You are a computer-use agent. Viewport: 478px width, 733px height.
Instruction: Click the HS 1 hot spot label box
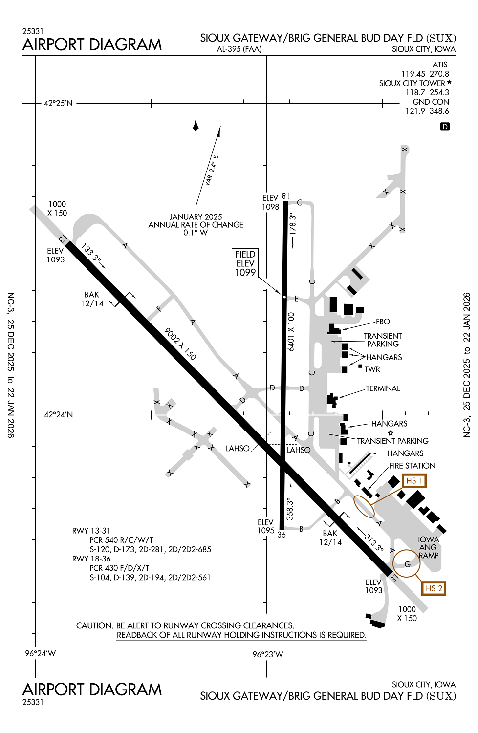click(x=414, y=481)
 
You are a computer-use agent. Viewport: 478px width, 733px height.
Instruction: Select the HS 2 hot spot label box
click(x=434, y=588)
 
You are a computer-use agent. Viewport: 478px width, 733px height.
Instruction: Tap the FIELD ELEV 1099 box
click(x=245, y=263)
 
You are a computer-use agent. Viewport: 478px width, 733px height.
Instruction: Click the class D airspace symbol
click(x=445, y=127)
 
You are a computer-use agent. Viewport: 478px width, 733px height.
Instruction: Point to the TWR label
click(x=372, y=369)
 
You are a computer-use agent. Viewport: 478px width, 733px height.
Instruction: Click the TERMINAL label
click(x=383, y=388)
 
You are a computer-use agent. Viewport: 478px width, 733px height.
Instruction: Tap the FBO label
click(x=383, y=322)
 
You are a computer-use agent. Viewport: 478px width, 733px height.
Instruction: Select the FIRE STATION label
click(x=412, y=466)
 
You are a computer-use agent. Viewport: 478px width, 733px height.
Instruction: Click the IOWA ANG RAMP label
click(x=428, y=547)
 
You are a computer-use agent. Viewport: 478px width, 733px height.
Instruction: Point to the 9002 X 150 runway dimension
click(x=180, y=344)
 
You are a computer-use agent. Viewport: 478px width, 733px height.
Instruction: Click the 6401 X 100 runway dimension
click(x=291, y=332)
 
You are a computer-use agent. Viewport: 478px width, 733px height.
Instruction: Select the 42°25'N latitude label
click(x=58, y=103)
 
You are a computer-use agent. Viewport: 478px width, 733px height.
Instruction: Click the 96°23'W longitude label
click(x=267, y=654)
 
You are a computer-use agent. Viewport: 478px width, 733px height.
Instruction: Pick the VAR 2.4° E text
click(x=212, y=171)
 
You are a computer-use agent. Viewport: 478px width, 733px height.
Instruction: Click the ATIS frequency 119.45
click(x=413, y=74)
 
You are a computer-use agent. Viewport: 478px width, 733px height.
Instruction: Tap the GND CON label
click(x=431, y=102)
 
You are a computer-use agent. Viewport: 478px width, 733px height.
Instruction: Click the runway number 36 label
click(x=282, y=535)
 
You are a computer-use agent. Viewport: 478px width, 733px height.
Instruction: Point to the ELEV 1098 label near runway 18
click(x=270, y=202)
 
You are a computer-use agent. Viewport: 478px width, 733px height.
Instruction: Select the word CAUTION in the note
click(x=94, y=625)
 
